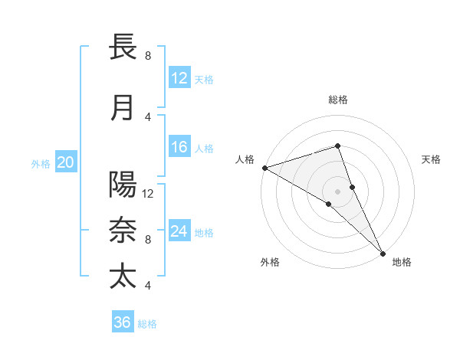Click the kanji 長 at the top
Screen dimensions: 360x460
tap(123, 47)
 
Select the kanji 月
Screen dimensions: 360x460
tap(123, 108)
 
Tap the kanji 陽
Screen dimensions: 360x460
tap(123, 185)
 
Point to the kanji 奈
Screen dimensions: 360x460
tap(123, 231)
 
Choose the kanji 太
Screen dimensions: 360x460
tap(123, 277)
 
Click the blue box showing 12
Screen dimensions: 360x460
tap(179, 78)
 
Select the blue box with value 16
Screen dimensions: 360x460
tap(179, 147)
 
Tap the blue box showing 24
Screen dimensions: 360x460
tap(179, 231)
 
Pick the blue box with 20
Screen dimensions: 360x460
tap(66, 162)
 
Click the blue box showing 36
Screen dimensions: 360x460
tap(123, 322)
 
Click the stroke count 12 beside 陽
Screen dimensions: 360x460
tap(149, 193)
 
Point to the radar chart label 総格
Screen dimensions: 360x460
tap(338, 100)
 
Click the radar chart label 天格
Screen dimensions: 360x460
tap(432, 159)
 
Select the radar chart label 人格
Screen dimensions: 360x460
tap(245, 159)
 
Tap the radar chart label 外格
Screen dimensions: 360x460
tap(270, 262)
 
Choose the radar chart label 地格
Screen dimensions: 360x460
tap(402, 262)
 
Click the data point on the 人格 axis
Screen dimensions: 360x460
tap(264, 167)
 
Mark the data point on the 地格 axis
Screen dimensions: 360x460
tap(383, 252)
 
